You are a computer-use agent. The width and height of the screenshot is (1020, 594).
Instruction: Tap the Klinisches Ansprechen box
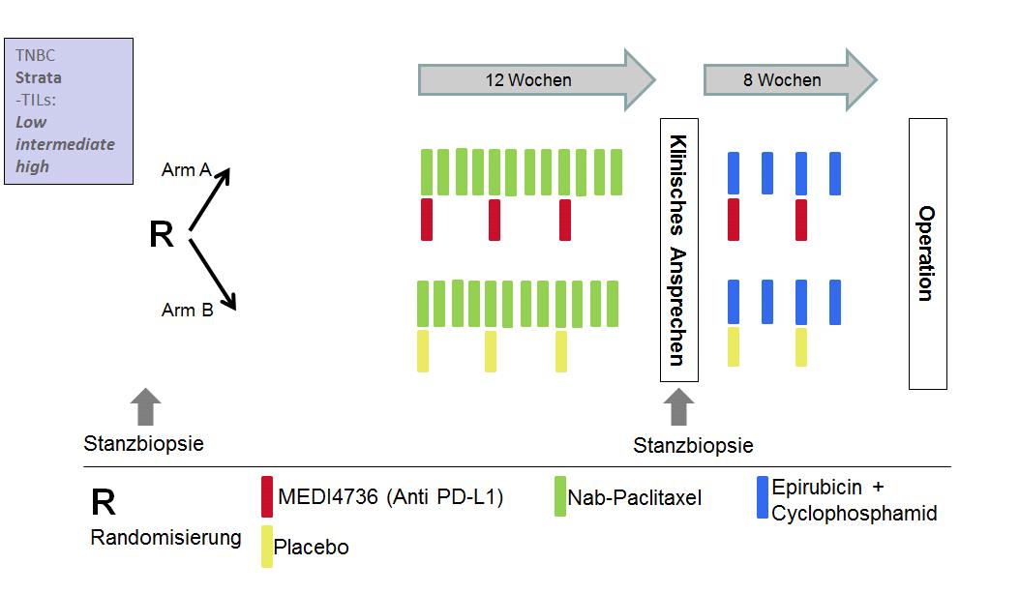pyautogui.click(x=678, y=250)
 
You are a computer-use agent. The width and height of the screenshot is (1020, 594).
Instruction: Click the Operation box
pyautogui.click(x=927, y=253)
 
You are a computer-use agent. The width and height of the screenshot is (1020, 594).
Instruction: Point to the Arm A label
pyautogui.click(x=186, y=171)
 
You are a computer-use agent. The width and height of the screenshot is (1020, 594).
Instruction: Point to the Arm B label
pyautogui.click(x=187, y=311)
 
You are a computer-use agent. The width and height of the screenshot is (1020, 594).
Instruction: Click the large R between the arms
pyautogui.click(x=162, y=235)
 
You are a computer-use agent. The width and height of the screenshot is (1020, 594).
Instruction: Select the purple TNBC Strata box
pyautogui.click(x=69, y=110)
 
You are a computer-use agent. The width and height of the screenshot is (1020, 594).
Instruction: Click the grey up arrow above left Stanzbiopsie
pyautogui.click(x=145, y=406)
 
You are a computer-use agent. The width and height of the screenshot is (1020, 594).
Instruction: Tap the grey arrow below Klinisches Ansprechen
pyautogui.click(x=678, y=406)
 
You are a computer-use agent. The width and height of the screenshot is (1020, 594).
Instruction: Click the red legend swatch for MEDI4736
pyautogui.click(x=266, y=496)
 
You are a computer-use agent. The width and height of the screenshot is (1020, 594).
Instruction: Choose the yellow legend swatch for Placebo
pyautogui.click(x=266, y=547)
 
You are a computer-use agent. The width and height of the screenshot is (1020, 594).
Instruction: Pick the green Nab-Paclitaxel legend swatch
pyautogui.click(x=560, y=496)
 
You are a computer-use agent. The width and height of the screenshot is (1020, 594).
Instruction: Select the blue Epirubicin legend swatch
pyautogui.click(x=763, y=496)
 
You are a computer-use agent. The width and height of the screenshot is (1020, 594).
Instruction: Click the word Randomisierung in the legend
pyautogui.click(x=165, y=538)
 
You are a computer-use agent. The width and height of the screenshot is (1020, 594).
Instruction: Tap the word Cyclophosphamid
pyautogui.click(x=854, y=514)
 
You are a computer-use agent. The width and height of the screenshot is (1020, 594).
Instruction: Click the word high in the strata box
pyautogui.click(x=32, y=165)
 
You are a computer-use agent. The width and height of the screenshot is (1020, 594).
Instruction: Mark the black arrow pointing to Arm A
pyautogui.click(x=209, y=199)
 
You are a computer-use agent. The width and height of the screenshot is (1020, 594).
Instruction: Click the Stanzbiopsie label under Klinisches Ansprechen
pyautogui.click(x=693, y=445)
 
